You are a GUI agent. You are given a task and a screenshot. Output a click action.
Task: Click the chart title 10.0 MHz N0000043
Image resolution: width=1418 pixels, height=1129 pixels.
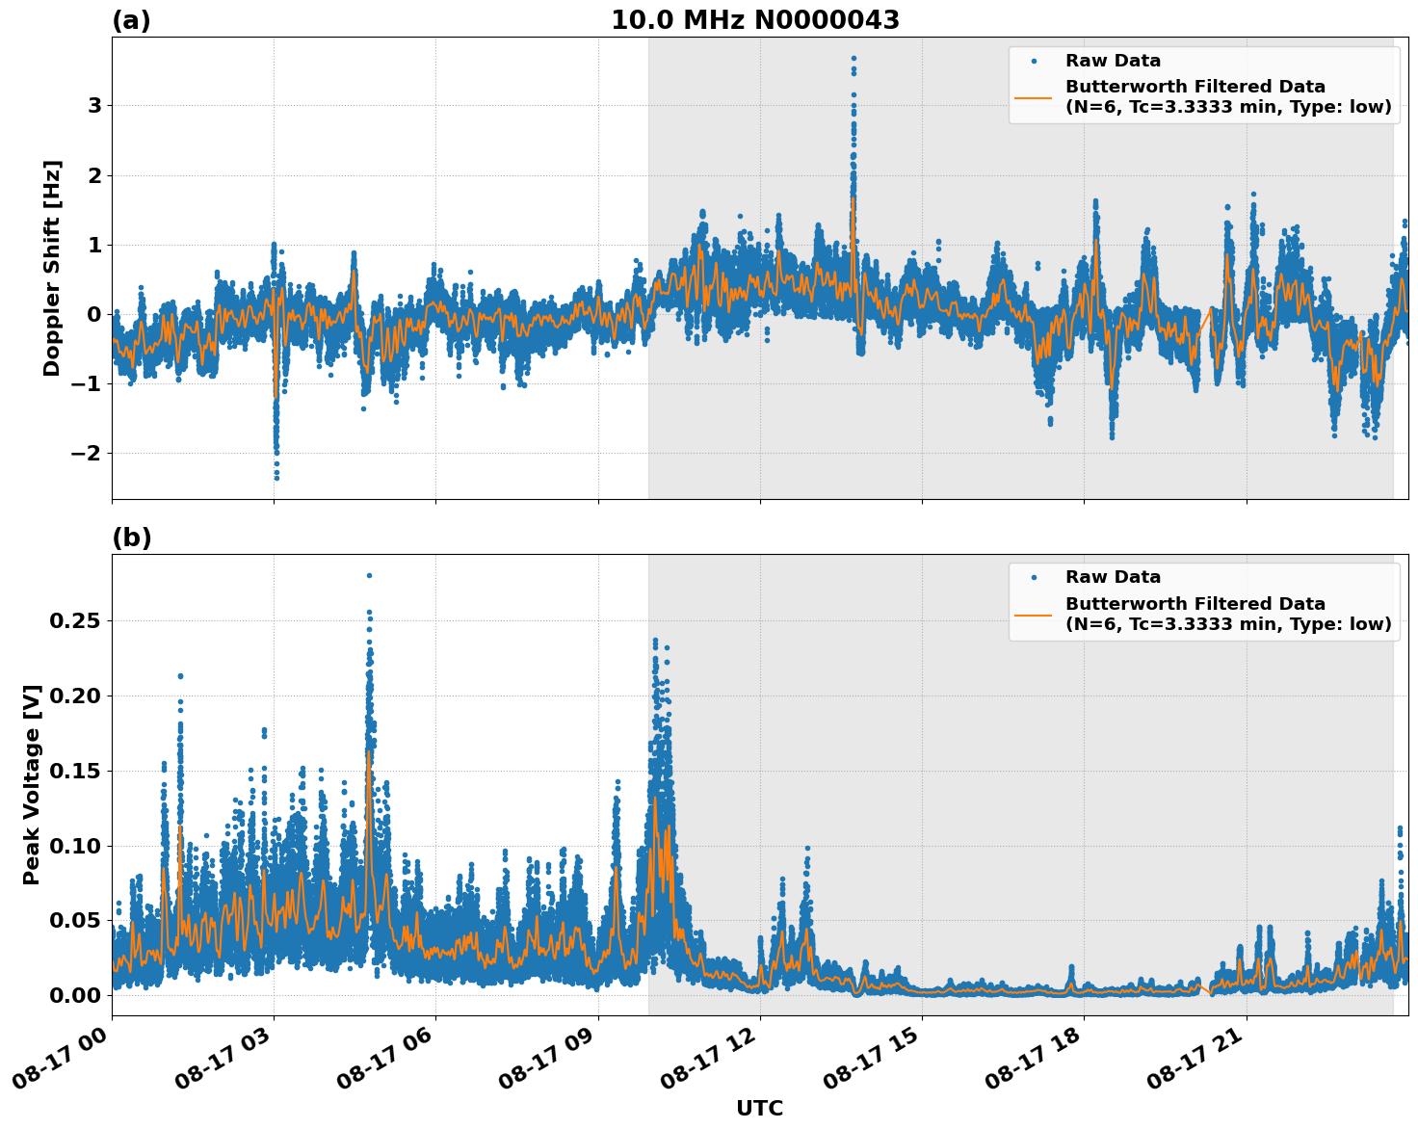coord(754,20)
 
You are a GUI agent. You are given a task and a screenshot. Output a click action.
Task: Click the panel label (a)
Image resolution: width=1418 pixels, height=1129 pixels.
coord(131,20)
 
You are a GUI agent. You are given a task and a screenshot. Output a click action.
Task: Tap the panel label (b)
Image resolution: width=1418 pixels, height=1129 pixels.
coord(131,538)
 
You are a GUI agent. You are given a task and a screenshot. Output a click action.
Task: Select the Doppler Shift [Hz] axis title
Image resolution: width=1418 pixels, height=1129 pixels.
coord(52,268)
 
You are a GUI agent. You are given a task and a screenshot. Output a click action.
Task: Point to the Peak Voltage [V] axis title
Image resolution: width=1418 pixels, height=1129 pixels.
coord(32,785)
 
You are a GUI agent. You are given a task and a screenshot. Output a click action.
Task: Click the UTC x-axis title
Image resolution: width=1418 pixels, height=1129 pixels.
coord(759,1108)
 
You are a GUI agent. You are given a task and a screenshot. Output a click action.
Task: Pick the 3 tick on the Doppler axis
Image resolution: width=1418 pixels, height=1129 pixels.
coord(94,105)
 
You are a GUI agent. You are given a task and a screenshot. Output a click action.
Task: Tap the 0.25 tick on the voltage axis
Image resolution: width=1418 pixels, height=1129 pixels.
coord(74,620)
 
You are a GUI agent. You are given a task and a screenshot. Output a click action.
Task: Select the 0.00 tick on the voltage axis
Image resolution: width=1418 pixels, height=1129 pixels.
coord(74,995)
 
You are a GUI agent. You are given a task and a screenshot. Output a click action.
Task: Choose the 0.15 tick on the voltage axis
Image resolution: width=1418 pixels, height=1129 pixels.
coord(74,771)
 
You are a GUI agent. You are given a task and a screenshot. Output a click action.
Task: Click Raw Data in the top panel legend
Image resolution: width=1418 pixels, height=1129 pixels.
coord(1113,61)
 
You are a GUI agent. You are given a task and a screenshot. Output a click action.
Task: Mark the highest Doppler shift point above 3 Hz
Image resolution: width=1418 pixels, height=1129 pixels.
coord(853,58)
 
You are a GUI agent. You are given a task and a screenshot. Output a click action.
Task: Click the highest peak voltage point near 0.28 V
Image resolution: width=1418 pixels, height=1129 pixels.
coord(369,575)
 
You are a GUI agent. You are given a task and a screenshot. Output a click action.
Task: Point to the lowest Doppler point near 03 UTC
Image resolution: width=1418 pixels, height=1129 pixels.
coord(276,477)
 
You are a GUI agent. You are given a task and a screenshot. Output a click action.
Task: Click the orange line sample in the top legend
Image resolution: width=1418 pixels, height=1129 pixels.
coord(1033,97)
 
